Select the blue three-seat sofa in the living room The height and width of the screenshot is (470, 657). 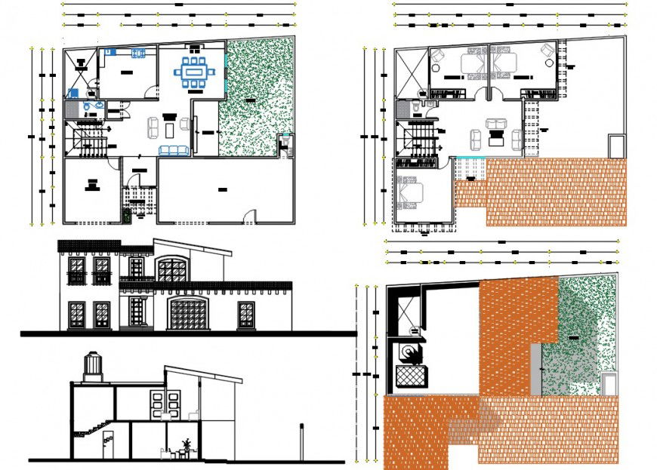[x=174, y=151]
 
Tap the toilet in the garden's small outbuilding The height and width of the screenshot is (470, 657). [x=285, y=143]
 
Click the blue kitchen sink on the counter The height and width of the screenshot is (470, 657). [x=139, y=52]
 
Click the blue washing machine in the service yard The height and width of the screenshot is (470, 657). [x=72, y=94]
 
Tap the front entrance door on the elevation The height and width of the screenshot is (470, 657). [x=137, y=311]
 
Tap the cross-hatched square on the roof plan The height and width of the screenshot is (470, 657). [x=412, y=374]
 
